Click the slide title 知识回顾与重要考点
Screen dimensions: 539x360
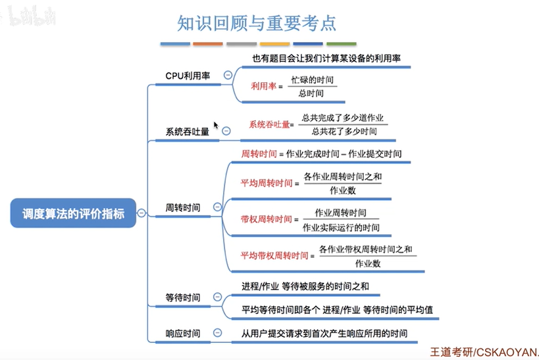coord(257,23)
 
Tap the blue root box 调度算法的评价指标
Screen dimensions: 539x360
coord(73,213)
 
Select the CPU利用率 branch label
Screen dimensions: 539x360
coord(188,76)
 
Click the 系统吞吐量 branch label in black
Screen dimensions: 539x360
coord(188,132)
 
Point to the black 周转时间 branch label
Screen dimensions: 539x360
coord(183,207)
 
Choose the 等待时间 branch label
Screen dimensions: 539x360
coord(183,297)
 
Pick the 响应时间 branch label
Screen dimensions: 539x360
coord(183,333)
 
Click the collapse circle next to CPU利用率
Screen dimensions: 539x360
coord(228,75)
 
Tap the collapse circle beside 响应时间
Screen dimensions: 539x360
coord(218,332)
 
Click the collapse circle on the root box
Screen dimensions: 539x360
coord(141,213)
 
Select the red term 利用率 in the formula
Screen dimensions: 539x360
coord(264,86)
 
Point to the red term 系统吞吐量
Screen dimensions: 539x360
coord(270,124)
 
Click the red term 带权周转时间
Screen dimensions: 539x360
coord(266,219)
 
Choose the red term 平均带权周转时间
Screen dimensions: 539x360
coord(274,255)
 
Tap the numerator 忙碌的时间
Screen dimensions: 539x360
coord(313,80)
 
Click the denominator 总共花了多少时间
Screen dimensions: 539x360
coord(344,132)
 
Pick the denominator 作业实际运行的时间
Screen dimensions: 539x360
coord(341,227)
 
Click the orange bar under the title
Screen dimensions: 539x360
coord(207,43)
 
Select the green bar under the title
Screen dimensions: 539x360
coord(342,43)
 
